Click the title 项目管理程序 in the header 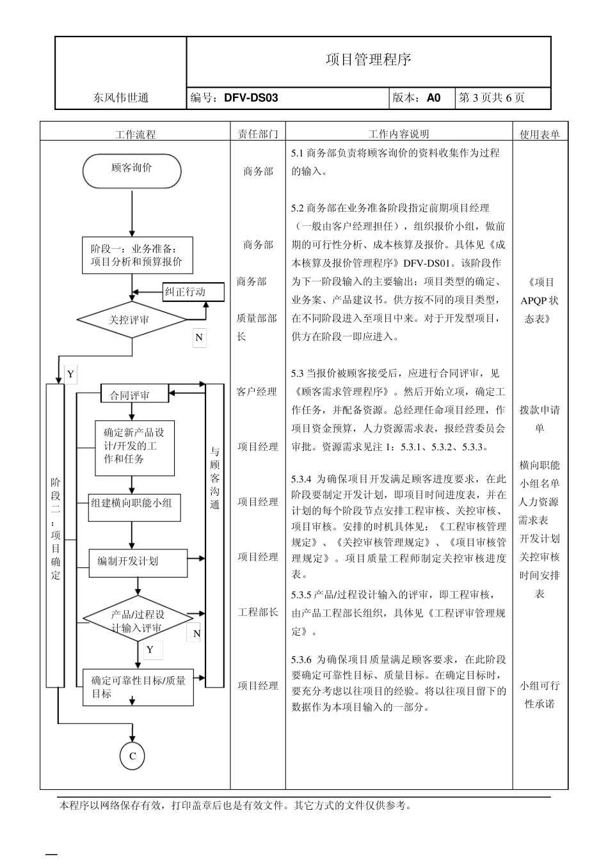pyautogui.click(x=368, y=60)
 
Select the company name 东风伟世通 pyautogui.click(x=121, y=98)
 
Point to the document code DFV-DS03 pyautogui.click(x=251, y=98)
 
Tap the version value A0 pyautogui.click(x=433, y=98)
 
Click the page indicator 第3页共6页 pyautogui.click(x=492, y=98)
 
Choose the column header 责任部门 pyautogui.click(x=258, y=134)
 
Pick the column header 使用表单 pyautogui.click(x=540, y=134)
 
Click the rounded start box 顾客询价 pyautogui.click(x=132, y=170)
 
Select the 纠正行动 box pyautogui.click(x=193, y=292)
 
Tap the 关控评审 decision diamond pyautogui.click(x=131, y=319)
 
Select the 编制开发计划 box pyautogui.click(x=138, y=562)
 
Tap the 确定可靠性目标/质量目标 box pyautogui.click(x=138, y=688)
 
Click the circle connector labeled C pyautogui.click(x=132, y=755)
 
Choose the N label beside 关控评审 pyautogui.click(x=199, y=338)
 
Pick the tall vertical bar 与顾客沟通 pyautogui.click(x=214, y=535)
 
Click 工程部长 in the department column pyautogui.click(x=258, y=612)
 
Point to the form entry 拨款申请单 pyautogui.click(x=540, y=419)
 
